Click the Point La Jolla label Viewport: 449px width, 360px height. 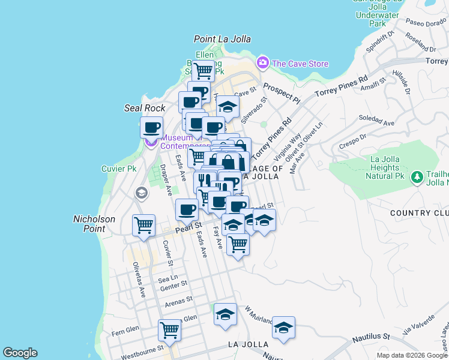pos(222,39)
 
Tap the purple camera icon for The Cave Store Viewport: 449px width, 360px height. pos(262,62)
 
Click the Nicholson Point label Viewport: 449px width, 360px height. pos(94,224)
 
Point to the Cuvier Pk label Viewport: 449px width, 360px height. pos(119,169)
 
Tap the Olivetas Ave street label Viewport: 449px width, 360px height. pos(139,280)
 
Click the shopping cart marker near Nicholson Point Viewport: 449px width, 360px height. pos(144,226)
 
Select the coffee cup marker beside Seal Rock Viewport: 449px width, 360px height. pos(151,127)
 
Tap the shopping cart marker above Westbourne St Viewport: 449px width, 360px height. pos(170,329)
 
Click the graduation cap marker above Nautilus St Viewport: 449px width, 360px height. pos(283,328)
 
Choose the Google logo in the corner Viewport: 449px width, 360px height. pos(20,353)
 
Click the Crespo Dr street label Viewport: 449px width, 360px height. pos(352,141)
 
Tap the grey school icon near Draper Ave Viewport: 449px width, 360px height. pos(141,193)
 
